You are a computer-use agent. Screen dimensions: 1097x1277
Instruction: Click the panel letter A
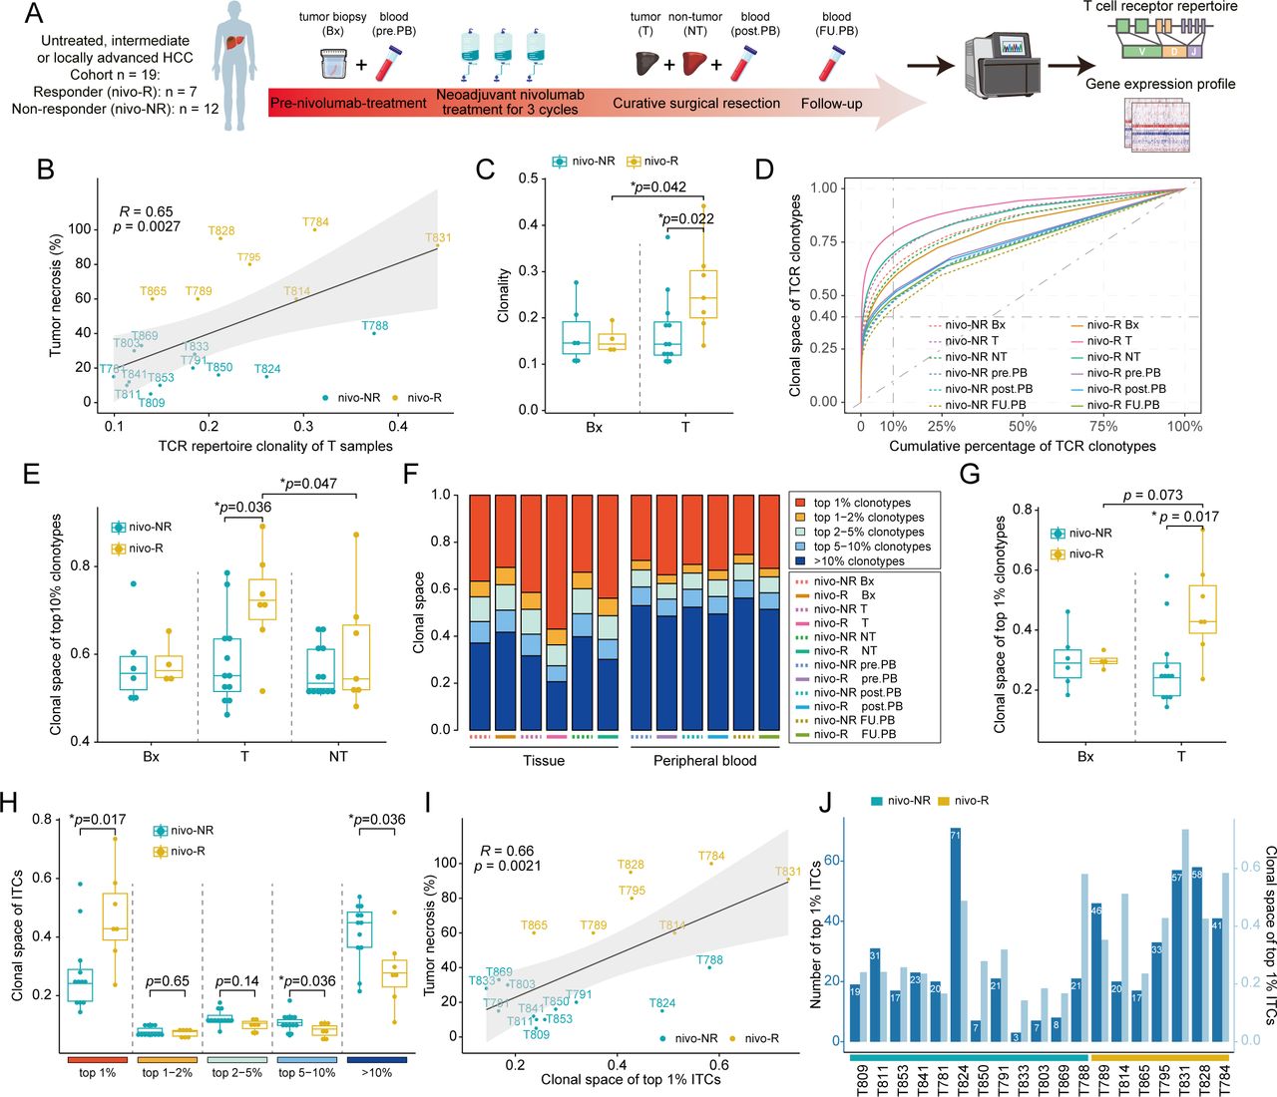coord(34,14)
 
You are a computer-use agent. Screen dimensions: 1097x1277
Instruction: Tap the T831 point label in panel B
coord(438,238)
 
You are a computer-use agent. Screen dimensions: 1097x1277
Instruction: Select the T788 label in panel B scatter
coord(375,326)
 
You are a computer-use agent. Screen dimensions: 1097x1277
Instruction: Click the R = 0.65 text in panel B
coord(146,211)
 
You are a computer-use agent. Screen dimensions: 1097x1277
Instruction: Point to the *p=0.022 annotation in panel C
coord(685,219)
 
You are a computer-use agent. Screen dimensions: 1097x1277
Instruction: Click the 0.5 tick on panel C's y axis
coord(529,179)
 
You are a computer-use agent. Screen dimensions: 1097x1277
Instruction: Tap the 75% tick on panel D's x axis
coord(1103,426)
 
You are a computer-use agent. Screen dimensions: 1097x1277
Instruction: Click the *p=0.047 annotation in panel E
coord(308,484)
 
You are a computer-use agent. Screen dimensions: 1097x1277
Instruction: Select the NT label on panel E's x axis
coord(338,757)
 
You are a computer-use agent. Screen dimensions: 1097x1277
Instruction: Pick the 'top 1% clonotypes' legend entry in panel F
coord(861,503)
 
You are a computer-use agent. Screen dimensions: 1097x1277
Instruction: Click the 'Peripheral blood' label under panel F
coord(704,761)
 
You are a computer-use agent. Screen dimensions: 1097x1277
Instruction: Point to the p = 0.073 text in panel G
coord(1152,495)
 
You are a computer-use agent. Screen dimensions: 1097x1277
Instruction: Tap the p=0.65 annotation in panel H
coord(167,981)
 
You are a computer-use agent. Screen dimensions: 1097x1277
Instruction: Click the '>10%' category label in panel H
coord(375,1073)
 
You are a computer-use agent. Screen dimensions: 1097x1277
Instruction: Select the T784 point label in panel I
coord(711,856)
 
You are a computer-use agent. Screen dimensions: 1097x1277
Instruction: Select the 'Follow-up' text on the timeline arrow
coord(831,104)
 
